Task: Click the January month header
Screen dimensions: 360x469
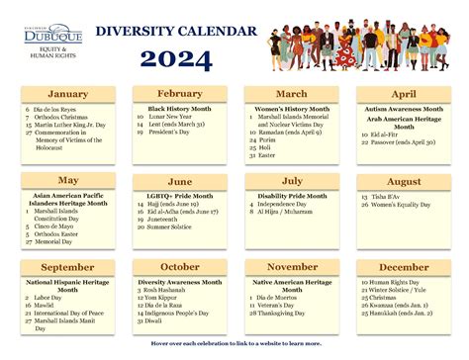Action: click(x=68, y=95)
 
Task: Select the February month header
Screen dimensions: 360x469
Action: click(x=178, y=93)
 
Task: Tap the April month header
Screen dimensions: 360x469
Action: click(x=404, y=95)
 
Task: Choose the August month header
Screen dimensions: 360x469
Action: click(x=404, y=182)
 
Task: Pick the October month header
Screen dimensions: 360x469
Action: click(x=180, y=267)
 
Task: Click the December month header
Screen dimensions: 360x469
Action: click(x=404, y=267)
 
